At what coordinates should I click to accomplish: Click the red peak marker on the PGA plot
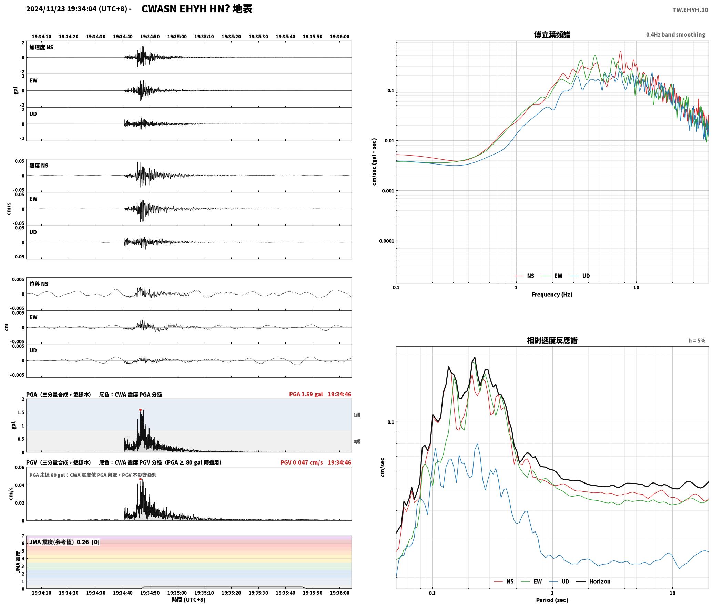(x=140, y=410)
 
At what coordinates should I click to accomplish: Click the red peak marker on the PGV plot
(x=140, y=479)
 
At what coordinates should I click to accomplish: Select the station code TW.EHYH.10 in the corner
(x=690, y=10)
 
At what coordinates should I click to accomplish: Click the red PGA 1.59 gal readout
(x=306, y=394)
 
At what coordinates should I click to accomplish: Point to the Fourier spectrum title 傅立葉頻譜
(x=552, y=34)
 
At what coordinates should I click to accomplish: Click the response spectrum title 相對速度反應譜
(x=552, y=340)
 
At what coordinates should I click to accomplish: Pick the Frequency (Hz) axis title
(x=552, y=294)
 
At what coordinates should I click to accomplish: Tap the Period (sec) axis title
(x=552, y=600)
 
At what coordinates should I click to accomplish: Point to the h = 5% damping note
(x=697, y=340)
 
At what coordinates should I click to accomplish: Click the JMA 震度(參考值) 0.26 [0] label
(x=64, y=542)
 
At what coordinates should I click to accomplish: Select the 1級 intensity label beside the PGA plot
(x=357, y=415)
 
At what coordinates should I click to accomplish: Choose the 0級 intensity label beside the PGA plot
(x=357, y=441)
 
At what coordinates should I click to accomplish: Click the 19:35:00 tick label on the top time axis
(x=177, y=36)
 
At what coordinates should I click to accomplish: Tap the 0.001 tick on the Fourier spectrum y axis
(x=388, y=191)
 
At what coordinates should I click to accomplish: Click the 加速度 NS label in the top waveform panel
(x=41, y=47)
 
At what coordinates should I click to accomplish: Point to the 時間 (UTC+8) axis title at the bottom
(x=189, y=599)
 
